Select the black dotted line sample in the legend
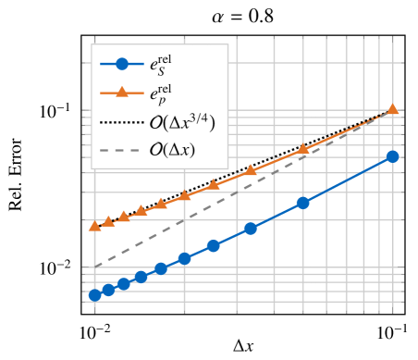[121, 121]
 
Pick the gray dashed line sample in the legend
[121, 149]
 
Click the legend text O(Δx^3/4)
[181, 121]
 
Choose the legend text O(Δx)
[172, 149]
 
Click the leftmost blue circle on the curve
[94, 295]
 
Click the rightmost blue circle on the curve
[392, 156]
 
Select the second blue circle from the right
[302, 203]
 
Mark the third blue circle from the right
[250, 229]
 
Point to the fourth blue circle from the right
[213, 246]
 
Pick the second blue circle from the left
[108, 290]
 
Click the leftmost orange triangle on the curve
[94, 226]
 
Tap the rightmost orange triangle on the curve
[392, 109]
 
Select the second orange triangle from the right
[302, 149]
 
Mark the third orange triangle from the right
[250, 171]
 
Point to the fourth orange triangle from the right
[213, 185]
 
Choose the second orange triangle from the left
[108, 221]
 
